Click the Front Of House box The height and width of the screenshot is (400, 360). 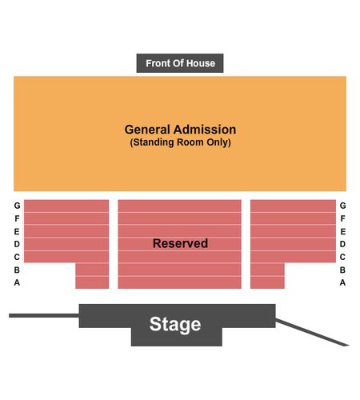coord(180,63)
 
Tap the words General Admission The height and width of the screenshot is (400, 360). coord(180,130)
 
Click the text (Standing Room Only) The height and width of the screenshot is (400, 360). coord(180,142)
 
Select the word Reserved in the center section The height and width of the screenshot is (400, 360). coord(180,243)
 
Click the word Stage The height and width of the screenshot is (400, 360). coord(175,325)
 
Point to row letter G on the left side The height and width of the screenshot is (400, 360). coord(17,206)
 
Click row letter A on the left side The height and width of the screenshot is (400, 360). coord(17,282)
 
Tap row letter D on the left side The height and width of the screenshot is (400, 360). coord(17,244)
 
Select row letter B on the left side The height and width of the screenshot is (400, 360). coord(17,270)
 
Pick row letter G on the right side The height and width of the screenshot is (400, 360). coord(343,206)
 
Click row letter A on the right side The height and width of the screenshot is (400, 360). coord(343,282)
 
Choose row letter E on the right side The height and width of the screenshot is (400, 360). coord(343,231)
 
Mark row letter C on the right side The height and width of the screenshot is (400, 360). coord(343,257)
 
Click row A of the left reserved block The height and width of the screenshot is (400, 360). coord(92,282)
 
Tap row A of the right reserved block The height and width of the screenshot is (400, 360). coord(267,282)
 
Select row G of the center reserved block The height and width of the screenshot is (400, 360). coord(180,206)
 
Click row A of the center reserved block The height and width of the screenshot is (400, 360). coord(180,282)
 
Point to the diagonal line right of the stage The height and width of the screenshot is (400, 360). coord(312,332)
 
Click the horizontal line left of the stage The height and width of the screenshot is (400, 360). coord(44,315)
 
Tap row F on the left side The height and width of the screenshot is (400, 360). coord(66,218)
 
